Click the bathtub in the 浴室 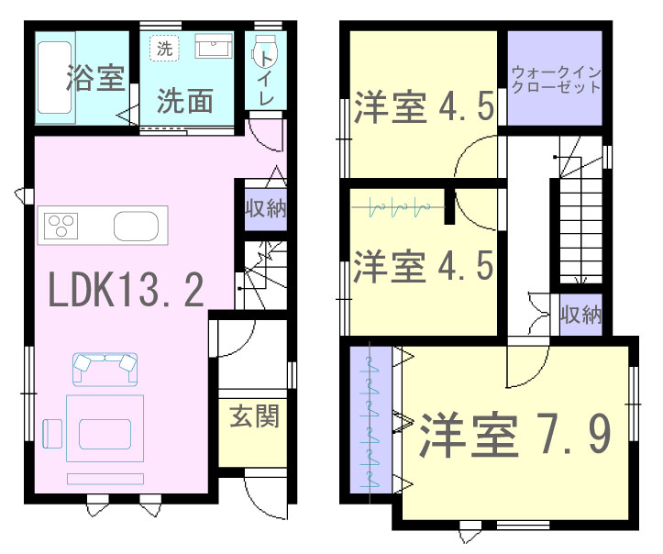pyautogui.click(x=55, y=78)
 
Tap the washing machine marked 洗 pyautogui.click(x=164, y=48)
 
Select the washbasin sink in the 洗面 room pyautogui.click(x=214, y=46)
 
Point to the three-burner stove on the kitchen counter pyautogui.click(x=61, y=225)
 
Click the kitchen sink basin pyautogui.click(x=136, y=226)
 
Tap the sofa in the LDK pyautogui.click(x=105, y=370)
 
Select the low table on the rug pyautogui.click(x=105, y=434)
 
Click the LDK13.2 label pyautogui.click(x=127, y=290)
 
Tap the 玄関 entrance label pyautogui.click(x=254, y=415)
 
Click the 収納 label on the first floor pyautogui.click(x=266, y=208)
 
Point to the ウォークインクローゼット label pyautogui.click(x=556, y=80)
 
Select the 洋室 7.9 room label pyautogui.click(x=515, y=435)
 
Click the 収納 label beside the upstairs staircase pyautogui.click(x=580, y=315)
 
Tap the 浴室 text pyautogui.click(x=96, y=77)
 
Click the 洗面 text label pyautogui.click(x=184, y=101)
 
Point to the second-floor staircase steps pyautogui.click(x=581, y=230)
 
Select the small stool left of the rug pyautogui.click(x=52, y=434)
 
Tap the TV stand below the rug pyautogui.click(x=105, y=479)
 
